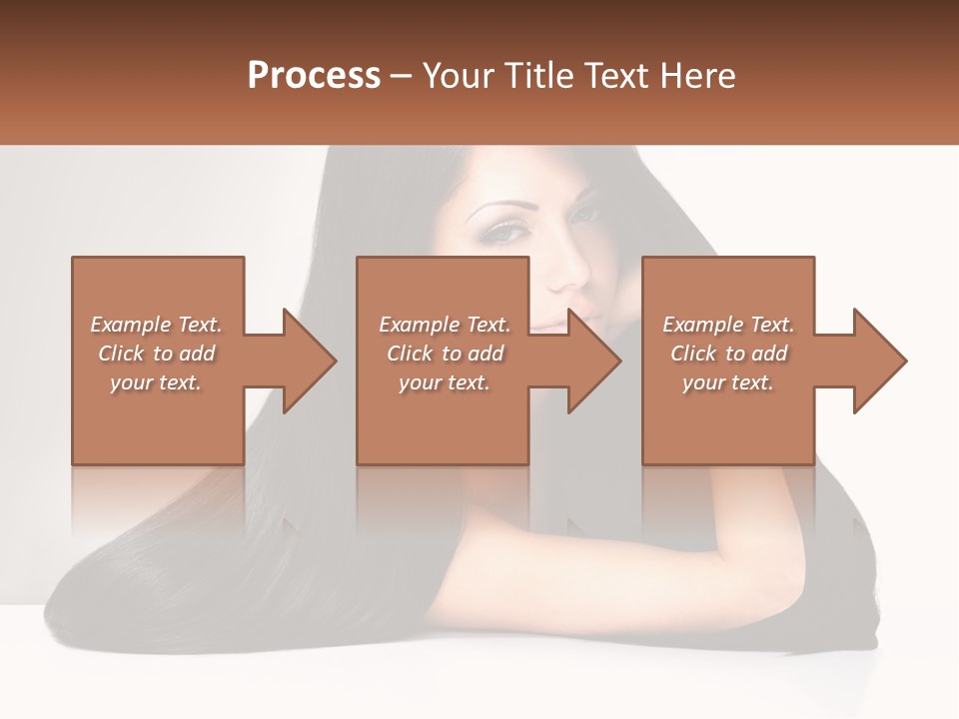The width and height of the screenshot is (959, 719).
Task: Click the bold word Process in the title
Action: [x=314, y=76]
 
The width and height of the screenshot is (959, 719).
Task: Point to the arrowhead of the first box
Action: [x=309, y=360]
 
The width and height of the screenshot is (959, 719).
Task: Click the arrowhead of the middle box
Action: [x=594, y=360]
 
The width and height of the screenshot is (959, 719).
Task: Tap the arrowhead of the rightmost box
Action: [x=879, y=360]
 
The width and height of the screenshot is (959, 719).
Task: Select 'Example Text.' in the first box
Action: [x=156, y=325]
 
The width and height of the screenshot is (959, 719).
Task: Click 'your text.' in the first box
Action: [x=156, y=382]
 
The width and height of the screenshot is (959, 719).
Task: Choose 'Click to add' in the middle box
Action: [x=445, y=354]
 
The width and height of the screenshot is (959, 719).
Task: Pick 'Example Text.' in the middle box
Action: [x=445, y=325]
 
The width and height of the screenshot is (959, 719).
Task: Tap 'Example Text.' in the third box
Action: [x=728, y=325]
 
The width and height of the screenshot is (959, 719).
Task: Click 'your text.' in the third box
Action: [x=728, y=382]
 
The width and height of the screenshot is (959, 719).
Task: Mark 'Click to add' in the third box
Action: [x=728, y=354]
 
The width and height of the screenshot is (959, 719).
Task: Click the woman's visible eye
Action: [x=507, y=233]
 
